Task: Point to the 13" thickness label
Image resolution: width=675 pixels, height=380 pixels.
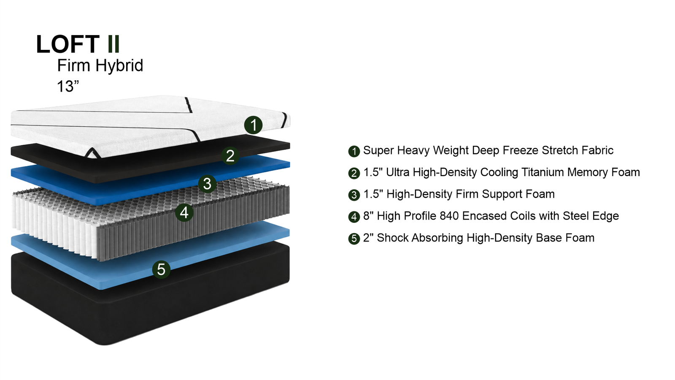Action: tap(68, 86)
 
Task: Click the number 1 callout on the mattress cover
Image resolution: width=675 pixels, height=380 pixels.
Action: tap(253, 125)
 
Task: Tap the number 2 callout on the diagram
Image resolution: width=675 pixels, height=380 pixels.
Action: tap(230, 156)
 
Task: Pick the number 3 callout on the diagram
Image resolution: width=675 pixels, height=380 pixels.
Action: tap(207, 184)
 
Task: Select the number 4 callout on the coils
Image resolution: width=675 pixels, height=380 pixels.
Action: tap(184, 213)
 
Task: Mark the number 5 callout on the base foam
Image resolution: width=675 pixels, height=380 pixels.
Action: tap(161, 269)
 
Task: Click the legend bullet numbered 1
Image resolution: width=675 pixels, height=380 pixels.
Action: tap(354, 152)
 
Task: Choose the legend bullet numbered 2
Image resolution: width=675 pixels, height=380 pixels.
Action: tap(354, 174)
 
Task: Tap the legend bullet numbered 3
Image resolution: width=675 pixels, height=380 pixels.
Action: tap(354, 195)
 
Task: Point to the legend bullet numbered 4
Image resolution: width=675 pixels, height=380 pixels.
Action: tap(354, 217)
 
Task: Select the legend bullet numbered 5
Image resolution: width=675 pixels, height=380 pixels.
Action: tap(354, 239)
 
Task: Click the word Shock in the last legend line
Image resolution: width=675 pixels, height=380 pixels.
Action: tap(393, 238)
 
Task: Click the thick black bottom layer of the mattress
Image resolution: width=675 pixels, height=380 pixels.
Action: tap(151, 308)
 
